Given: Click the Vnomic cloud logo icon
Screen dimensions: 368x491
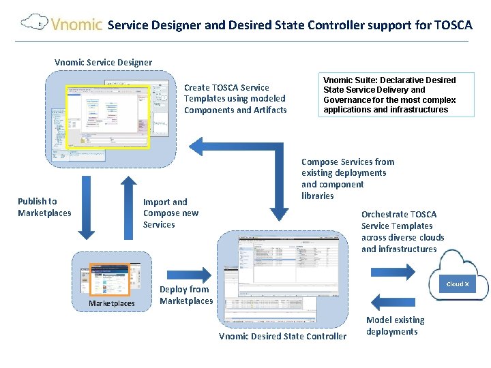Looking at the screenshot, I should point(34,23).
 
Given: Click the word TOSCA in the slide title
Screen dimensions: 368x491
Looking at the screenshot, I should point(453,25).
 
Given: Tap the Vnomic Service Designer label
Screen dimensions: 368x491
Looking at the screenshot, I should point(104,63).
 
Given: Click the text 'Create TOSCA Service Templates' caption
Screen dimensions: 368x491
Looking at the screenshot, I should point(235,99).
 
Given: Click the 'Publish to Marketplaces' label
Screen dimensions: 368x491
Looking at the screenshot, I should point(44,206).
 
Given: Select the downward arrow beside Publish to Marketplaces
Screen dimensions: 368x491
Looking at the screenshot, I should point(85,208).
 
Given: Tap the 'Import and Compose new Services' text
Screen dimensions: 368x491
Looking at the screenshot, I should point(170,213).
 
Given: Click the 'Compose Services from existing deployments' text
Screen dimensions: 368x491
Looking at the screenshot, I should point(348,179).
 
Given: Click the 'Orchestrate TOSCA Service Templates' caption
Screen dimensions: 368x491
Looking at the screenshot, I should point(402,232).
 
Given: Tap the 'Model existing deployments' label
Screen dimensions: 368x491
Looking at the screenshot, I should point(395,326).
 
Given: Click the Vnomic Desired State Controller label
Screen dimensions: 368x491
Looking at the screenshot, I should point(282,336).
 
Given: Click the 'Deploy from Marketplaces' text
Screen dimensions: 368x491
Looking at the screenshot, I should point(186,295).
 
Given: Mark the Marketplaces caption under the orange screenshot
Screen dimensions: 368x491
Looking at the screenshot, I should point(112,303).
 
